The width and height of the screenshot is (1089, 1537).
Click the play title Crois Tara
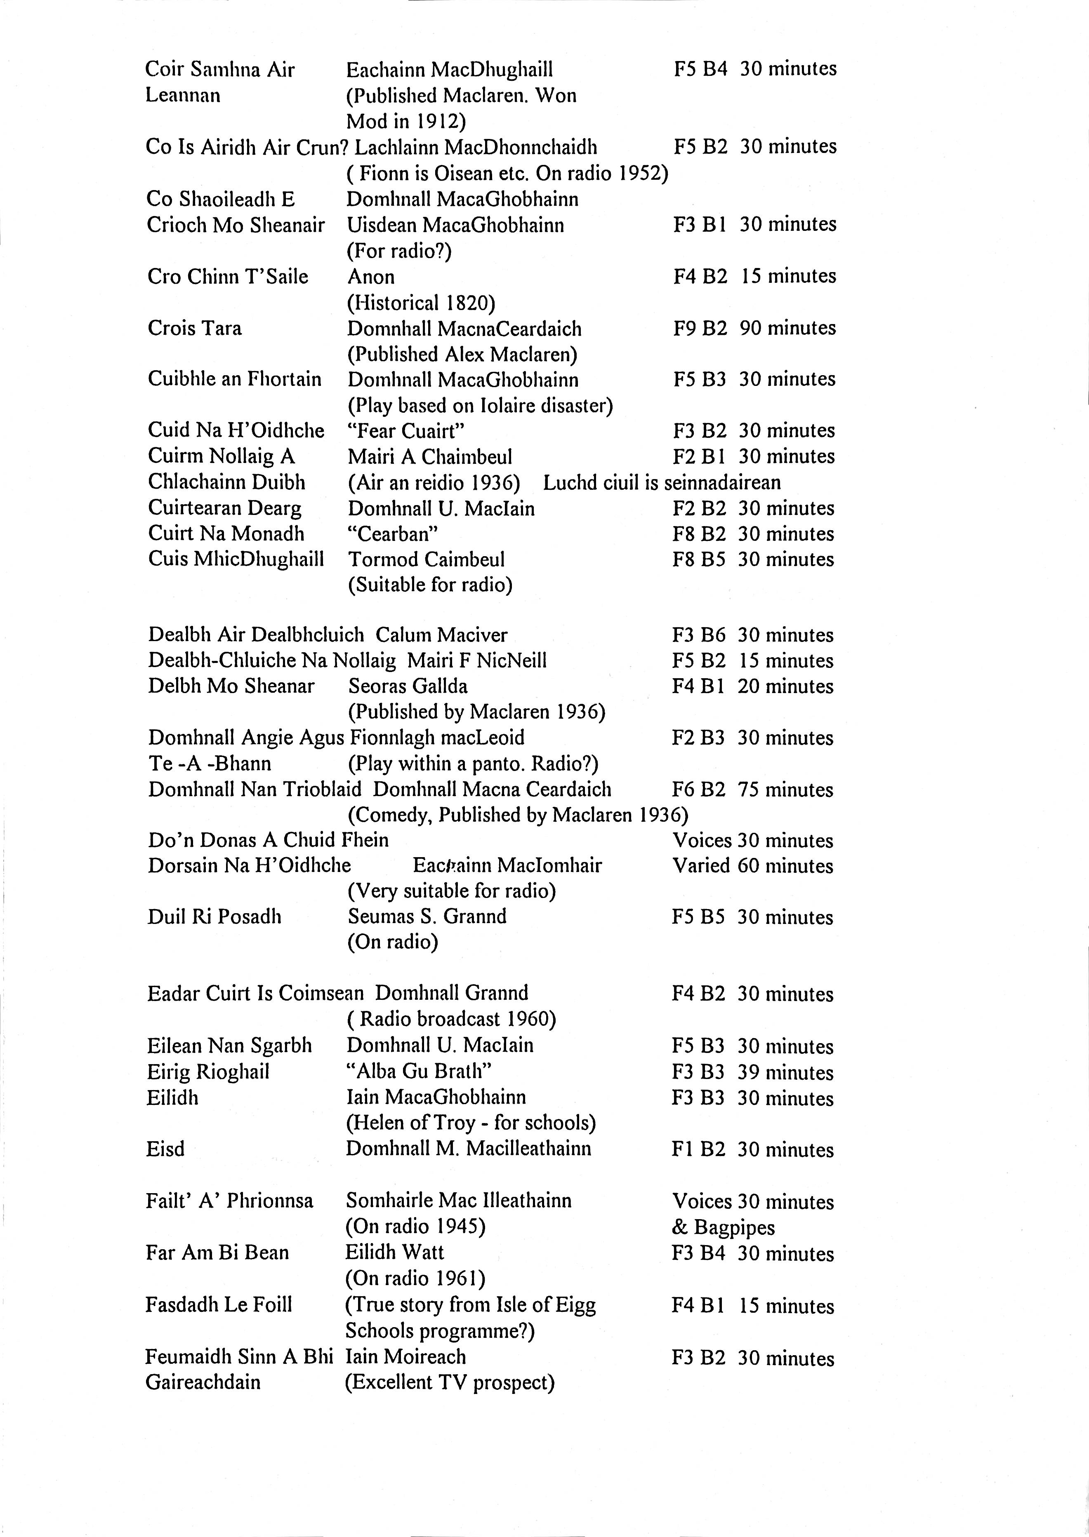[x=194, y=329]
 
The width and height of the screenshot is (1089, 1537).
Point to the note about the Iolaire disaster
[x=479, y=406]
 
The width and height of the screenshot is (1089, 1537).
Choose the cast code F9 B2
[x=700, y=329]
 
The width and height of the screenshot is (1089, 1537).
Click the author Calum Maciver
[x=441, y=635]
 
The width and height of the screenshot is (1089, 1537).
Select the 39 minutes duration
[x=785, y=1072]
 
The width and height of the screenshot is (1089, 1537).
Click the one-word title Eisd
[x=165, y=1149]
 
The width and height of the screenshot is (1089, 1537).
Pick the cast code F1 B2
[x=698, y=1149]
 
